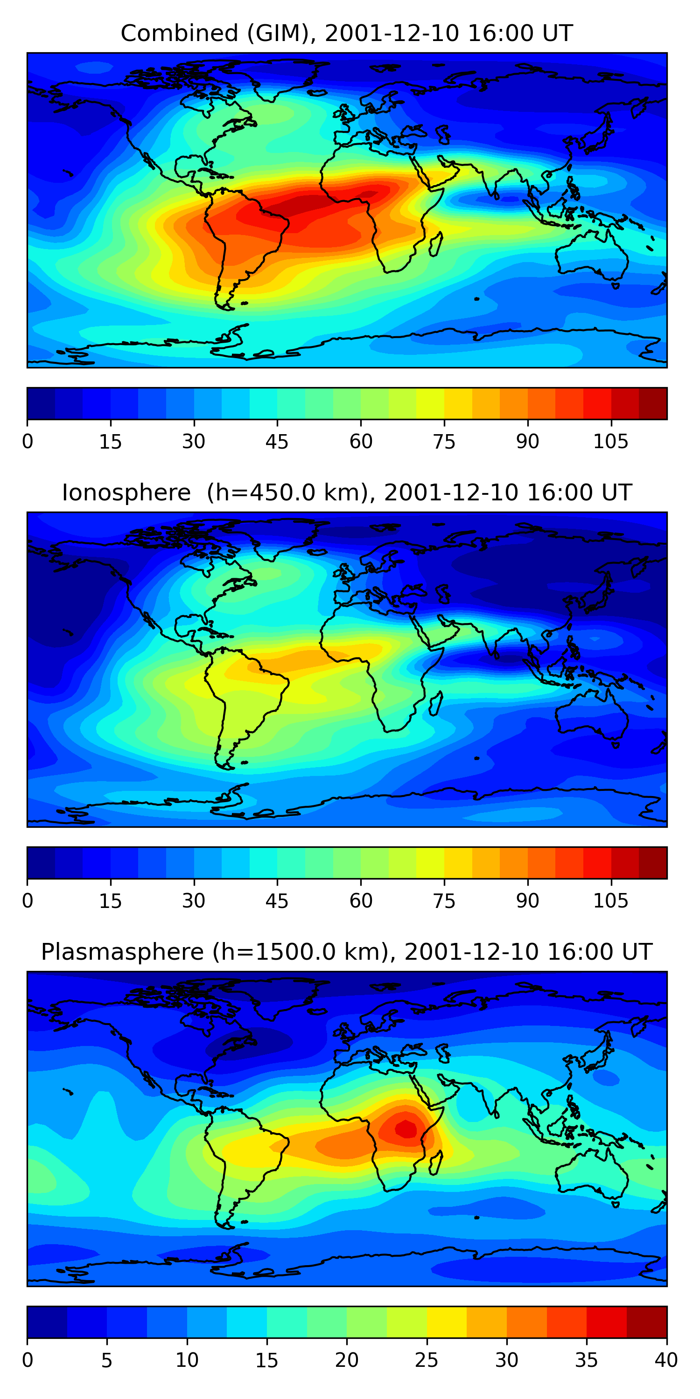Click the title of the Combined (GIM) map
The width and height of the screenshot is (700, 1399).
pos(347,34)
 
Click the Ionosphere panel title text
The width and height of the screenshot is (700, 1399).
pos(347,492)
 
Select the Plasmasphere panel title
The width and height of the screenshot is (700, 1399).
pos(347,952)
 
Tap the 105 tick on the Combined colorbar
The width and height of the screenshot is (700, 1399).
pos(610,442)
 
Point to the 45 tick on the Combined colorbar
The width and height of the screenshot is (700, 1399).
pos(277,442)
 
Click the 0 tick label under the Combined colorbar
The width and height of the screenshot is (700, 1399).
pos(28,442)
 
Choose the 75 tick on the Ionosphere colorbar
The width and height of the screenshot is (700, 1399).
pos(444,901)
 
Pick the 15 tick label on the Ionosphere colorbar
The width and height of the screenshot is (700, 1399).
pos(110,901)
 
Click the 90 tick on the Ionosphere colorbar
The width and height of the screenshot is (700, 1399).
pos(527,901)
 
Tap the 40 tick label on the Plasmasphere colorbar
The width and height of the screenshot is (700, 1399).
pos(666,1360)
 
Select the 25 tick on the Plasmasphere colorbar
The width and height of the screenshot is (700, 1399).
pos(427,1360)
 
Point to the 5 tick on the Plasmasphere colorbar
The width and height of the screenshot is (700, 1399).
pos(107,1360)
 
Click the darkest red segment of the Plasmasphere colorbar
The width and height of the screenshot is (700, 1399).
pos(647,1322)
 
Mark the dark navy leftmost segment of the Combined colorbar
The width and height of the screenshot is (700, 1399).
pos(42,403)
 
